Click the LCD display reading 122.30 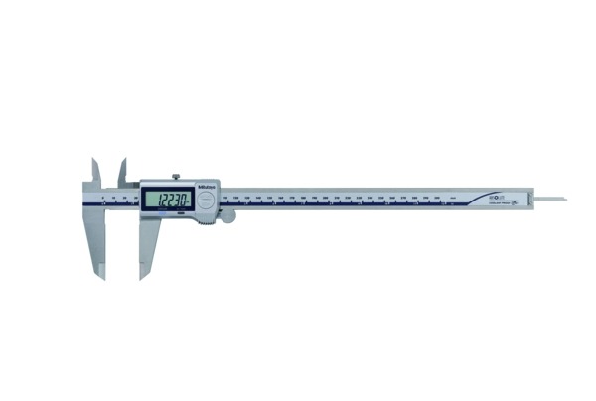coord(164,199)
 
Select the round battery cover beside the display coord(206,199)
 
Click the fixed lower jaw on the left coord(98,243)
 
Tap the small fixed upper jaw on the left coord(95,171)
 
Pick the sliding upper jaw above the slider coord(123,172)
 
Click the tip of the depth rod coord(564,199)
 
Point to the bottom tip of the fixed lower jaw coord(102,277)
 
